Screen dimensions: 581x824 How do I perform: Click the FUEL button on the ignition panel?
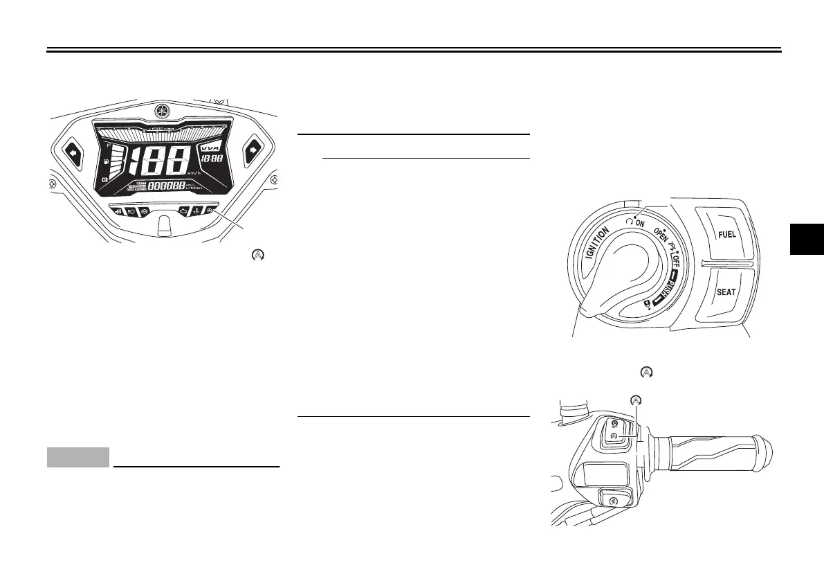click(x=726, y=234)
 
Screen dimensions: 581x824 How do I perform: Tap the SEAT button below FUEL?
click(x=726, y=292)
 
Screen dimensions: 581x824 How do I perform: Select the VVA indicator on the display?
click(x=208, y=148)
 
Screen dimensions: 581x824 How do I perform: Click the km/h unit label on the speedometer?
click(x=196, y=173)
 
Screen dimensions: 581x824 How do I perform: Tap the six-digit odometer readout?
click(x=166, y=186)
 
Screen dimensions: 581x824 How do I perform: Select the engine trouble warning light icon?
click(x=183, y=210)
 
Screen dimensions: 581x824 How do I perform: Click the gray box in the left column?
click(x=78, y=457)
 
